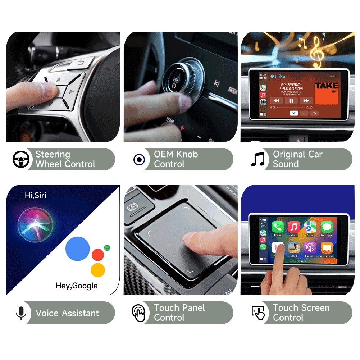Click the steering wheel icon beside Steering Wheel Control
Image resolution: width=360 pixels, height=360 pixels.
point(21,159)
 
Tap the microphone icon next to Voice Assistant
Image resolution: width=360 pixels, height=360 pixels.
point(21,313)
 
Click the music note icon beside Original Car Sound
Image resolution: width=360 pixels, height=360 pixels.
point(258,159)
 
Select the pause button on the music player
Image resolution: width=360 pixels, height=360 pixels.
point(291,101)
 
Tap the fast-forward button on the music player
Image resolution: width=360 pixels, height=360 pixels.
point(306,101)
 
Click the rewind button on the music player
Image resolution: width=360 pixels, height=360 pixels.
point(276,101)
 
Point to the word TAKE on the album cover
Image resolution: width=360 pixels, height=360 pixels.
point(327,86)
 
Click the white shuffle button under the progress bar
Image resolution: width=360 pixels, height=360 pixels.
point(294,113)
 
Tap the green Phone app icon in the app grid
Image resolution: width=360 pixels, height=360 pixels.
point(278,227)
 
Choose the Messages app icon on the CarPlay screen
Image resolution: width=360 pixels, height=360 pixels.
point(327,227)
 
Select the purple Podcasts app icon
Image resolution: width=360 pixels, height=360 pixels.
point(310,248)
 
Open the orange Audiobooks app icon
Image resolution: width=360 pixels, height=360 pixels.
point(327,248)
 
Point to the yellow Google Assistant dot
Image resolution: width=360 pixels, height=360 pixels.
point(98,270)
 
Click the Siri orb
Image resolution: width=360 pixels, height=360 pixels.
point(35,225)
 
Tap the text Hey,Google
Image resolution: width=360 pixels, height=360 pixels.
point(77,286)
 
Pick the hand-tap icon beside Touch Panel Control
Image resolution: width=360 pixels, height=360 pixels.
point(138,313)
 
